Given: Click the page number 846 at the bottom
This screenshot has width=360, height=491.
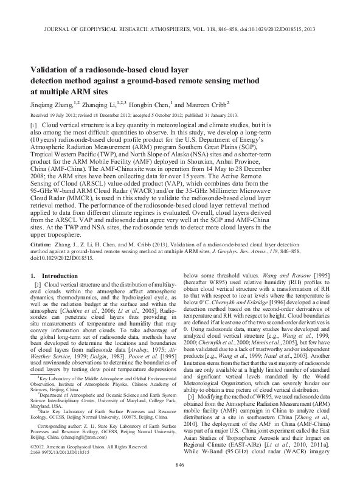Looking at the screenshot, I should click(179, 481).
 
